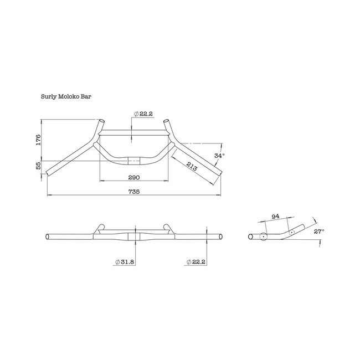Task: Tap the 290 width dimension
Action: click(x=133, y=178)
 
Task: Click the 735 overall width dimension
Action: click(x=133, y=192)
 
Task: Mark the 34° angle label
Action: click(x=219, y=156)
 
